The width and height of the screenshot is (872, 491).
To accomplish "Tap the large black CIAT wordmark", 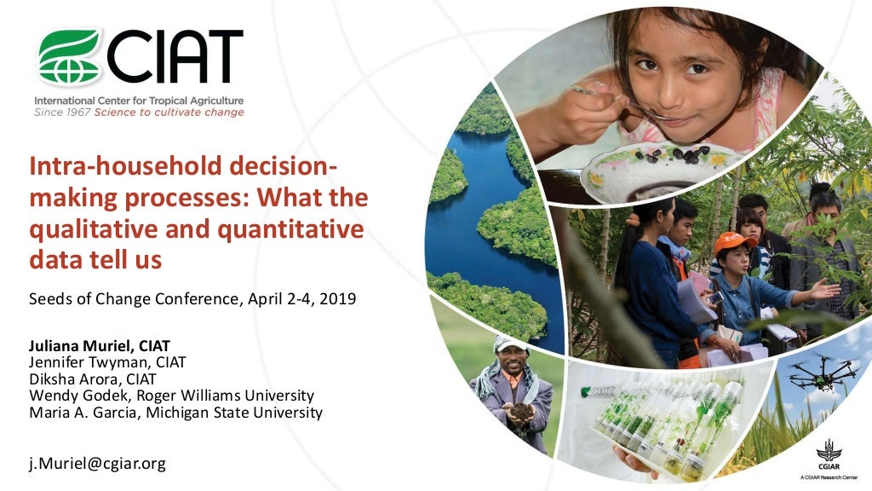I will pyautogui.click(x=174, y=57).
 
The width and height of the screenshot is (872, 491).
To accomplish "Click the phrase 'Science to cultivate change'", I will pyautogui.click(x=169, y=113).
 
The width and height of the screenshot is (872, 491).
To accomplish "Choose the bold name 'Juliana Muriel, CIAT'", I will pyautogui.click(x=100, y=346).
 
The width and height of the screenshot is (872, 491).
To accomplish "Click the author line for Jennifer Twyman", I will pyautogui.click(x=107, y=362).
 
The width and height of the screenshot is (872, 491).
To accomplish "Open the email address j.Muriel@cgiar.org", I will pyautogui.click(x=97, y=464).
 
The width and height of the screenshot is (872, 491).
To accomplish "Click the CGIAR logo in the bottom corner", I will pyautogui.click(x=828, y=458).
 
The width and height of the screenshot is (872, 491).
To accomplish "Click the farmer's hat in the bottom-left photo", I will pyautogui.click(x=511, y=343).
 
